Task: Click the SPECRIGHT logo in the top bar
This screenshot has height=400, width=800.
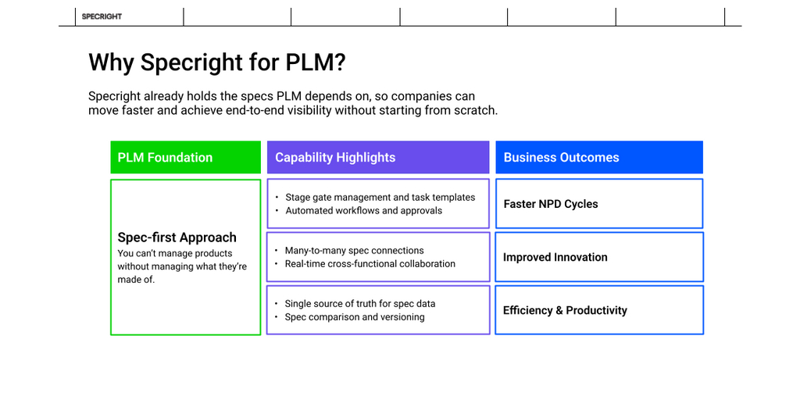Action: click(102, 16)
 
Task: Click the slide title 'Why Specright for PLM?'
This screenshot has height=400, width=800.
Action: click(217, 62)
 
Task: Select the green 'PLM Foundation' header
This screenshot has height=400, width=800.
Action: click(185, 157)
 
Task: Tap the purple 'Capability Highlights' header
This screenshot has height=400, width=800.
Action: click(378, 157)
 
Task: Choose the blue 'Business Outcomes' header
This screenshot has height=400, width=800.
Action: click(599, 157)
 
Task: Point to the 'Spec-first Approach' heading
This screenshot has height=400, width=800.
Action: click(177, 237)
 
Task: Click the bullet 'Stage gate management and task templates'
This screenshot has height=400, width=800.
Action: click(380, 198)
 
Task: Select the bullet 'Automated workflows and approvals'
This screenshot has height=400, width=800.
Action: click(363, 211)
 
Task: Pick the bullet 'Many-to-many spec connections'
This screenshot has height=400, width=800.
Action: click(354, 251)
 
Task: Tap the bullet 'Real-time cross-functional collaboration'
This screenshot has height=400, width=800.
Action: click(370, 264)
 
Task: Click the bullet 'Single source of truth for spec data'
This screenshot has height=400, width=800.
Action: click(360, 304)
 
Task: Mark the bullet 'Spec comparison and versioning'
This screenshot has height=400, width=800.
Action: click(355, 317)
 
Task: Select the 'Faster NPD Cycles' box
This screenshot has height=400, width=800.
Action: click(599, 204)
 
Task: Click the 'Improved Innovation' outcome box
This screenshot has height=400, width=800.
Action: click(599, 257)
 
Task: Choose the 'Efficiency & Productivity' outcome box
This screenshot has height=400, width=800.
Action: click(599, 310)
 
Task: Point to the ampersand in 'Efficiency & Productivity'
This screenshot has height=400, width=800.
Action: click(559, 310)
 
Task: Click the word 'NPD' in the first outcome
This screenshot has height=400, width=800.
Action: click(551, 204)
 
